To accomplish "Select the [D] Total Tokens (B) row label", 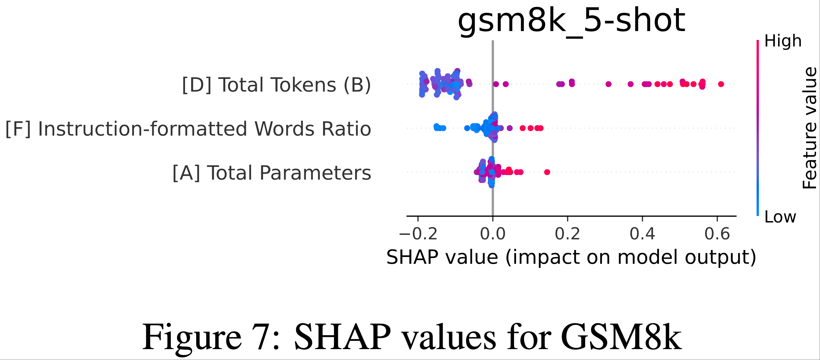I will [x=277, y=85].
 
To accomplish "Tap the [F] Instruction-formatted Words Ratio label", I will [x=188, y=129].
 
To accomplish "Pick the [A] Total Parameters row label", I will [x=272, y=173].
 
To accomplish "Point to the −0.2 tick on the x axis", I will [x=418, y=234].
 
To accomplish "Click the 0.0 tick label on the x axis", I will [x=493, y=234].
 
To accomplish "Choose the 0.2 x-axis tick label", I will [x=567, y=234].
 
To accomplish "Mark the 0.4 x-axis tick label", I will [x=642, y=234].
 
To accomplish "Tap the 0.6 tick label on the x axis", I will [x=717, y=234].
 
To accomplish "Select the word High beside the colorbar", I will [x=783, y=41].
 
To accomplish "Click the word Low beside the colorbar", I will [x=780, y=217].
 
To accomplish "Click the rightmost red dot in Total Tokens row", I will [x=721, y=84].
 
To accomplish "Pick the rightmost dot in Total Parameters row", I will [x=547, y=172].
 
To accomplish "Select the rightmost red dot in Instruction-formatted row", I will [x=540, y=128].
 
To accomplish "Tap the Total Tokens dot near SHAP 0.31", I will [x=609, y=84].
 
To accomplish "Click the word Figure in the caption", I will [x=192, y=337].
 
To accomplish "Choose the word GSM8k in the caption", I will [x=621, y=337].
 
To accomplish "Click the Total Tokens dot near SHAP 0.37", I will [x=630, y=84].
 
